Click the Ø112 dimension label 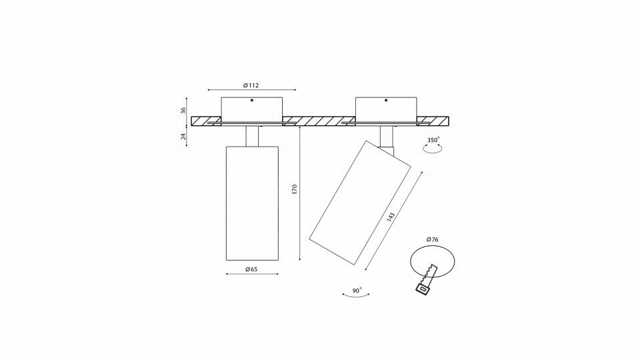pyautogui.click(x=251, y=85)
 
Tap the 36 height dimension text pyautogui.click(x=183, y=110)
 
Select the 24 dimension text pyautogui.click(x=183, y=136)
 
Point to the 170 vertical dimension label pyautogui.click(x=295, y=189)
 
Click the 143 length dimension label pyautogui.click(x=391, y=217)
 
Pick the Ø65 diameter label pyautogui.click(x=251, y=269)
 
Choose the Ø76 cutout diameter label pyautogui.click(x=432, y=239)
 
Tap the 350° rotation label pyautogui.click(x=433, y=140)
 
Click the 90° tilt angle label pyautogui.click(x=357, y=291)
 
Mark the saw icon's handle pyautogui.click(x=422, y=287)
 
